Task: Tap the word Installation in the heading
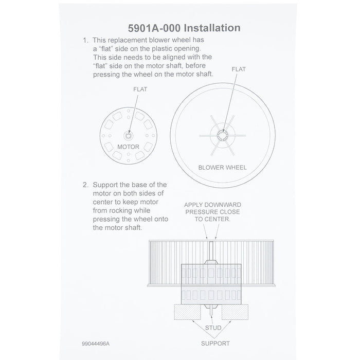[x=212, y=26]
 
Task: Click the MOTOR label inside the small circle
[x=128, y=147]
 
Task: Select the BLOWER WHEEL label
[x=222, y=167]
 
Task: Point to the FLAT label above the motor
[x=139, y=89]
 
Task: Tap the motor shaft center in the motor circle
[x=129, y=136]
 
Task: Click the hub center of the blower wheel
[x=223, y=135]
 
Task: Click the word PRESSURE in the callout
[x=197, y=211]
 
